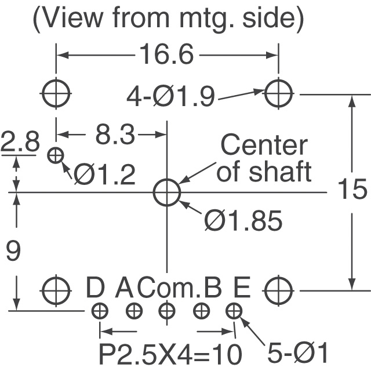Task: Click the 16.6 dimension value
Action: [168, 56]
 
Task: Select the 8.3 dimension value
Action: [114, 136]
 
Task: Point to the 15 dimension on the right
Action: [352, 190]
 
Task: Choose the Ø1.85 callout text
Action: [243, 220]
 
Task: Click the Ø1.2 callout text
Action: [104, 173]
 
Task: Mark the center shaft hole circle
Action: [167, 192]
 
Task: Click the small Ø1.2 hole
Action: [56, 155]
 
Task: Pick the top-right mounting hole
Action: [279, 92]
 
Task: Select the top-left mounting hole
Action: [56, 92]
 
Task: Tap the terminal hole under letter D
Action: [100, 311]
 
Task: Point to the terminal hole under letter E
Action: [234, 311]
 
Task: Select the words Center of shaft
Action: [264, 158]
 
